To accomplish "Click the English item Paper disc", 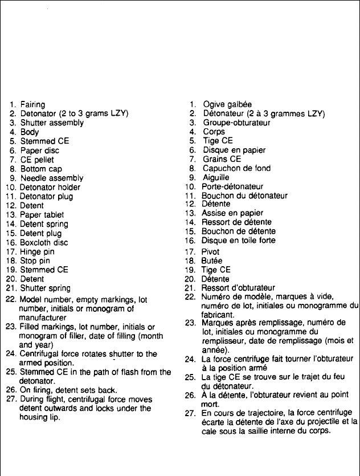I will (x=40, y=150).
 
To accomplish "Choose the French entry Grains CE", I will (x=222, y=159).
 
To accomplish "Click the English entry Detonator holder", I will (x=50, y=187).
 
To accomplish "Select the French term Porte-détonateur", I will (x=233, y=187).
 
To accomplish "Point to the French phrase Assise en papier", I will (x=230, y=213).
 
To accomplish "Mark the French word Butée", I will (x=213, y=260).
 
